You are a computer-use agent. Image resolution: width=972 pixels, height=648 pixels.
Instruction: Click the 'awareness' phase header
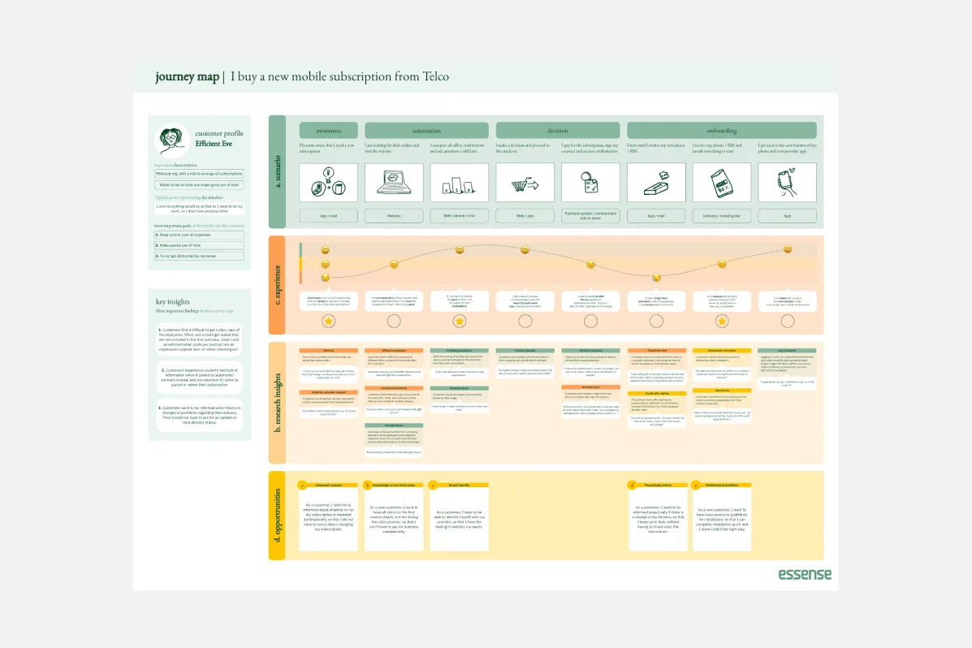point(328,130)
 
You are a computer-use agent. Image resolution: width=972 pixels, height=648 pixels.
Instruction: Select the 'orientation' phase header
point(426,130)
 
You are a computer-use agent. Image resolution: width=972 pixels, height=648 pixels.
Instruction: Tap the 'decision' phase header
point(558,130)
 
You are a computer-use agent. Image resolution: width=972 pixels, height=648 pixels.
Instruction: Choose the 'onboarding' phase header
point(721,130)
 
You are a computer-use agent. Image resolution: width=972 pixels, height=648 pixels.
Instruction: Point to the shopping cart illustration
point(525,185)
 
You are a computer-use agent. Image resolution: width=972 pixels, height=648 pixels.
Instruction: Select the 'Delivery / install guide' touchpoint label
point(721,216)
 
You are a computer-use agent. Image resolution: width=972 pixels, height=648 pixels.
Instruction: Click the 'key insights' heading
point(171,302)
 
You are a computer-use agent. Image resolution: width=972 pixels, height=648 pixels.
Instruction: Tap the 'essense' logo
point(805,574)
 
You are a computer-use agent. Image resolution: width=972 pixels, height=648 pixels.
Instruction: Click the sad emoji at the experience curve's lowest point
point(656,278)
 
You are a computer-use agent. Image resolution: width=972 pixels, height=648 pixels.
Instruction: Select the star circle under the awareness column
point(328,322)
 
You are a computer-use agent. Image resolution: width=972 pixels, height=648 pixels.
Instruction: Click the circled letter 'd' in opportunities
point(631,485)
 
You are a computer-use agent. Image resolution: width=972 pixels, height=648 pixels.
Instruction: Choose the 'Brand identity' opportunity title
point(460,485)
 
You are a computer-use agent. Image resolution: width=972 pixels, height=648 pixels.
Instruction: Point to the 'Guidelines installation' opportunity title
point(721,485)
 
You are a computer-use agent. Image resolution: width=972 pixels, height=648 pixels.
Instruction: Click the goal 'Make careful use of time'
point(199,245)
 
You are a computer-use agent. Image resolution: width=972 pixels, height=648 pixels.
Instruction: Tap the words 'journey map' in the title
point(187,77)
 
